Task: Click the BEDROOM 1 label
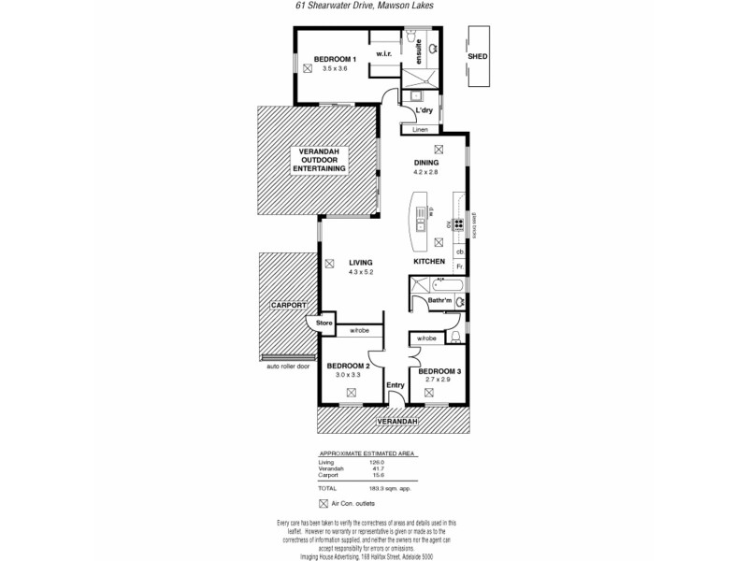pyautogui.click(x=335, y=60)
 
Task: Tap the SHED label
pyautogui.click(x=478, y=57)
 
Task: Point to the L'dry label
pyautogui.click(x=424, y=111)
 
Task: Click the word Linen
pyautogui.click(x=420, y=129)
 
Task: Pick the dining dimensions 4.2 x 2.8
pyautogui.click(x=426, y=172)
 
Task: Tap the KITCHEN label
pyautogui.click(x=429, y=262)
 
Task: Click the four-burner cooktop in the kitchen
pyautogui.click(x=459, y=223)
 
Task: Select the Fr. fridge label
pyautogui.click(x=460, y=267)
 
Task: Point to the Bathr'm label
pyautogui.click(x=440, y=300)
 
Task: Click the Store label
pyautogui.click(x=324, y=324)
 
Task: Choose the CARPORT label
pyautogui.click(x=288, y=306)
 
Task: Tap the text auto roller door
pyautogui.click(x=287, y=367)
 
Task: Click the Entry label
pyautogui.click(x=395, y=384)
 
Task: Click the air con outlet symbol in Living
pyautogui.click(x=330, y=264)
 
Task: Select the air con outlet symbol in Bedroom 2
pyautogui.click(x=351, y=394)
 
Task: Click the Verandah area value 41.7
pyautogui.click(x=377, y=468)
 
